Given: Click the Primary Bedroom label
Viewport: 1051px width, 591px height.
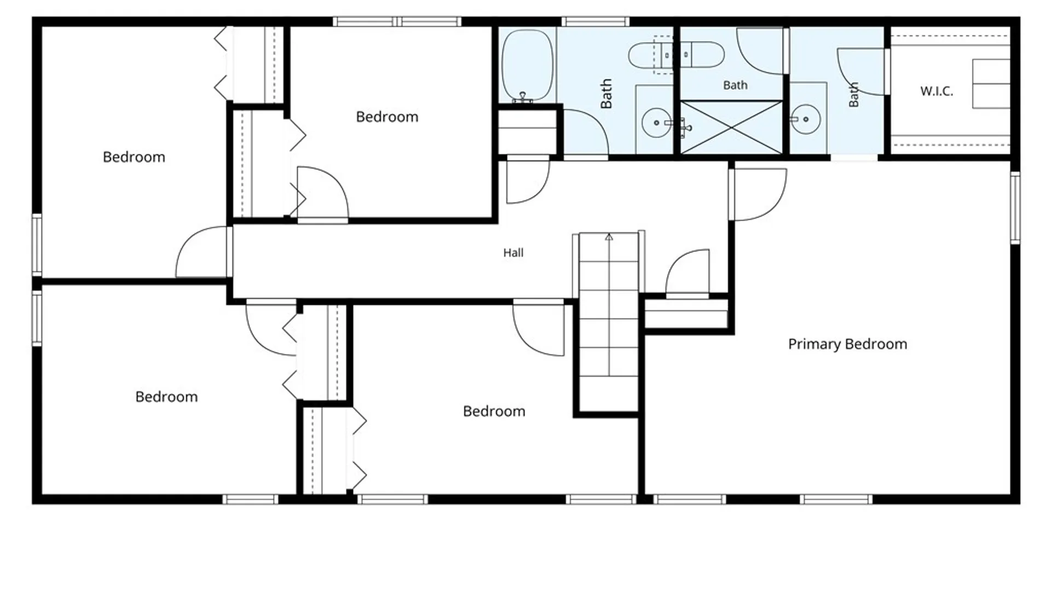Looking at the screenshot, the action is tap(847, 344).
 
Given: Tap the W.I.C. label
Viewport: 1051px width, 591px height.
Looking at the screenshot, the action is tap(937, 91).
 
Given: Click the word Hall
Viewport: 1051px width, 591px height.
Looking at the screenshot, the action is tap(513, 252).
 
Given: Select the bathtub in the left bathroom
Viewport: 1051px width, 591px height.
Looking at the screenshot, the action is tap(528, 66).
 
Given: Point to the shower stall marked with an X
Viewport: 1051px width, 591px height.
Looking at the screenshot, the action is tap(731, 128).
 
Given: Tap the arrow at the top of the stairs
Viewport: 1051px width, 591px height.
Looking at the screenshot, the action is tap(609, 237).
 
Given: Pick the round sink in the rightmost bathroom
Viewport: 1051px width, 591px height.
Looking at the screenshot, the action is tap(806, 119).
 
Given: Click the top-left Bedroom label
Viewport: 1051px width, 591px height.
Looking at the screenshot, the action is tap(134, 157).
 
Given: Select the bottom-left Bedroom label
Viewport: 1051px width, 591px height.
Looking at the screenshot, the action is tap(166, 397).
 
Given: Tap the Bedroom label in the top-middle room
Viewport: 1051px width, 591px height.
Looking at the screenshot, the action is tap(387, 117).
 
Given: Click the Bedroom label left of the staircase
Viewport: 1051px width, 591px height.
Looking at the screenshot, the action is tap(494, 411).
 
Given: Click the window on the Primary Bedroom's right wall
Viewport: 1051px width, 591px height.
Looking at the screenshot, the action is tap(1015, 207).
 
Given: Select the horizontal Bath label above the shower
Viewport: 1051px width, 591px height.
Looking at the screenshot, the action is tap(735, 85).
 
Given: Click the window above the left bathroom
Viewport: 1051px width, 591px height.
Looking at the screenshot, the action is tap(595, 22).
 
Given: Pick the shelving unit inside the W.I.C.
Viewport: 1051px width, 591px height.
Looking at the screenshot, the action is tap(991, 84).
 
